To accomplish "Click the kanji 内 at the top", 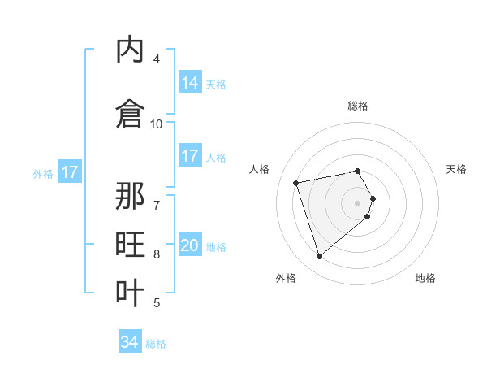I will [x=131, y=51].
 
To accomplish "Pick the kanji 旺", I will [x=131, y=245].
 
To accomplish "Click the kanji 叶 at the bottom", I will [x=131, y=292].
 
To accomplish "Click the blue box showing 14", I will [x=190, y=83].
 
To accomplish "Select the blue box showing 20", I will [x=190, y=245].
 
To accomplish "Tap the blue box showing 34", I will [x=130, y=342].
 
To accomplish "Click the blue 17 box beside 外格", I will [x=69, y=172].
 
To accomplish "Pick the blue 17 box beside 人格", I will [x=190, y=156].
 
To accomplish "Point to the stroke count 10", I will [x=157, y=124].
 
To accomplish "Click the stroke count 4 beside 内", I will [x=157, y=59].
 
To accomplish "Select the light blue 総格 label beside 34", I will [x=156, y=344].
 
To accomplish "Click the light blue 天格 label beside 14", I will [x=216, y=84].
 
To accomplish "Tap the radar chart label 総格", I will [x=358, y=106].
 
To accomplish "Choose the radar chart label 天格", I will [x=456, y=169].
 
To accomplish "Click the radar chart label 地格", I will [x=425, y=278].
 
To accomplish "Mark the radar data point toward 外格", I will [x=319, y=257].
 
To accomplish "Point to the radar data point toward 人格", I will [x=296, y=182].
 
